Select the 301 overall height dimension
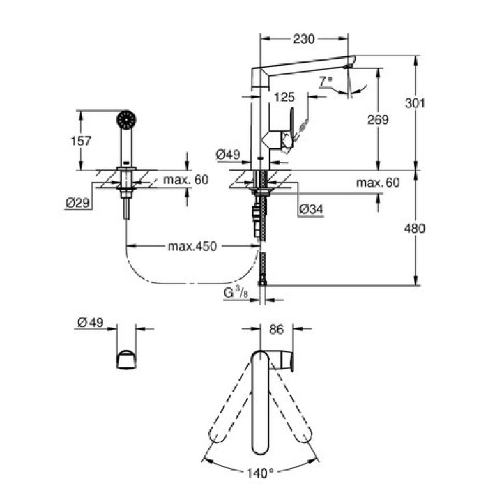pos(415,102)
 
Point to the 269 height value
pos(377,120)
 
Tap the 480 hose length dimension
pos(415,228)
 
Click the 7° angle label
pos(326,81)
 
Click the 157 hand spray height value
pos(82,140)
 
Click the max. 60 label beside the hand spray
pos(186,180)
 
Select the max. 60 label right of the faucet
pos(378,183)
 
